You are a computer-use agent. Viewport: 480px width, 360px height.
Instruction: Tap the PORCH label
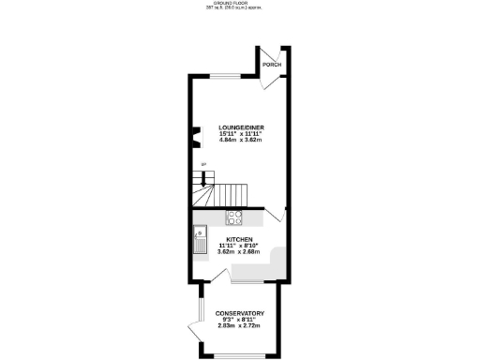(x=272, y=64)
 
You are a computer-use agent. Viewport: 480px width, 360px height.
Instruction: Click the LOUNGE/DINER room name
(x=240, y=127)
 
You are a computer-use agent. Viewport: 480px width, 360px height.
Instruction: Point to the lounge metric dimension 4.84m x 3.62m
(x=240, y=140)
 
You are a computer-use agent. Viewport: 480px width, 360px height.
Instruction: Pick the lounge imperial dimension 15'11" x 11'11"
(x=240, y=133)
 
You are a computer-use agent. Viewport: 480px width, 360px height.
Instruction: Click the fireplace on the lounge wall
(x=196, y=139)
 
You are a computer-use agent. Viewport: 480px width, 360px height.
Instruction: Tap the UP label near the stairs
(x=203, y=165)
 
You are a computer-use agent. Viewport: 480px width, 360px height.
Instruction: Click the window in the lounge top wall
(x=220, y=76)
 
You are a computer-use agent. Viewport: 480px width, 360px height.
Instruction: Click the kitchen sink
(x=199, y=242)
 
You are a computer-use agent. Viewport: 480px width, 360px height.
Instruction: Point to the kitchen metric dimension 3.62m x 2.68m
(x=240, y=251)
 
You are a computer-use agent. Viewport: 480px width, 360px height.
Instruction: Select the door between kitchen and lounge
(x=274, y=216)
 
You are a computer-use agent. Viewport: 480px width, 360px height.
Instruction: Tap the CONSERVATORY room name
(x=240, y=312)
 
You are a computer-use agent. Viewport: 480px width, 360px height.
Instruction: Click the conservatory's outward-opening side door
(x=194, y=330)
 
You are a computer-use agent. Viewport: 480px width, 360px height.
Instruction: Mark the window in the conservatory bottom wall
(x=240, y=356)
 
